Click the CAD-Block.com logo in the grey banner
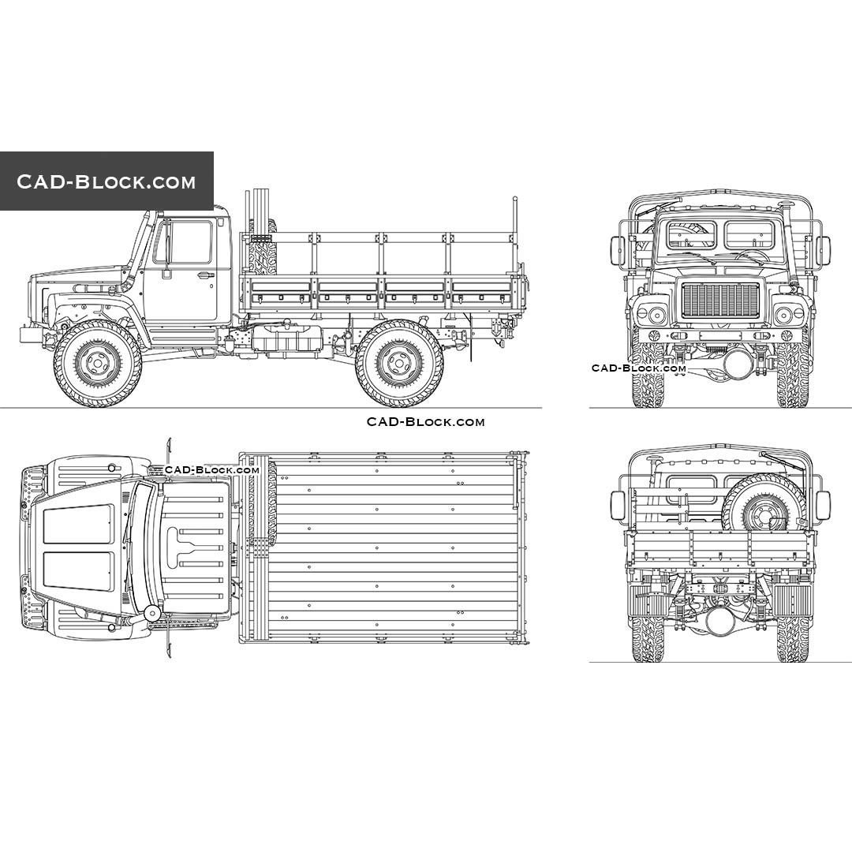106,181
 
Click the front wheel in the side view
98,364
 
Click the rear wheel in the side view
399,364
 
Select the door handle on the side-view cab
205,275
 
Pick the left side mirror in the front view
618,251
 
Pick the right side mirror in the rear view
823,505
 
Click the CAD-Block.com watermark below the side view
425,422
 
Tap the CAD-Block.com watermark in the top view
211,470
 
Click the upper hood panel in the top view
77,524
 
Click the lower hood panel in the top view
77,571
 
